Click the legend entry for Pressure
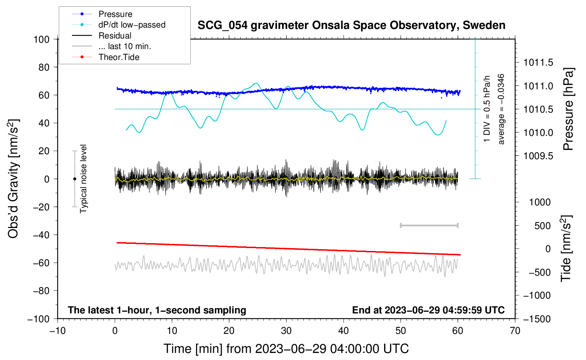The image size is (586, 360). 115,14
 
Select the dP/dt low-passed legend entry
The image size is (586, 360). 132,25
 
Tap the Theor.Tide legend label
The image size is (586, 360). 119,57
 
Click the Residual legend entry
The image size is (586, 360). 115,36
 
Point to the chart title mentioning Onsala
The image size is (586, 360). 351,25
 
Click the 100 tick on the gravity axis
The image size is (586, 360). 41,39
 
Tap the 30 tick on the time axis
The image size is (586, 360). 286,331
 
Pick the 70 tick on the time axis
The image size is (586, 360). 515,331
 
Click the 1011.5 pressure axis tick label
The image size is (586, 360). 538,63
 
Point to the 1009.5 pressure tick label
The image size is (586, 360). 538,156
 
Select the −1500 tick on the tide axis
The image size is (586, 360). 537,319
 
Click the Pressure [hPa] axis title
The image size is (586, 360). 568,109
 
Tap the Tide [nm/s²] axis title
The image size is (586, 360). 566,248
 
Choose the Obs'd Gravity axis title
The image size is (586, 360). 13,179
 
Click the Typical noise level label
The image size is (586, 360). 83,179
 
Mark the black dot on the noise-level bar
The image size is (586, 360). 74,179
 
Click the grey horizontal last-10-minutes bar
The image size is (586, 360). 429,225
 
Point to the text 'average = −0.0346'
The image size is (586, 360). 501,109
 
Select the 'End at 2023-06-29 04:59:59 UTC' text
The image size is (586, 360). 428,310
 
